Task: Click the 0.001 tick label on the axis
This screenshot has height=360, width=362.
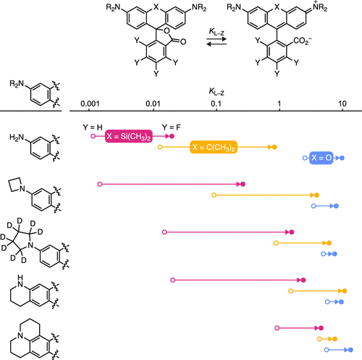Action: click(90, 104)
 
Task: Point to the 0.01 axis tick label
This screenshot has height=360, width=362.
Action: click(153, 104)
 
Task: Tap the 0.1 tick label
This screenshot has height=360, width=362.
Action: click(216, 104)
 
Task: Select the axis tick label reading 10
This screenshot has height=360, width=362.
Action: click(342, 104)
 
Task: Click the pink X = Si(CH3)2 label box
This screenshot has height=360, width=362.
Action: click(129, 136)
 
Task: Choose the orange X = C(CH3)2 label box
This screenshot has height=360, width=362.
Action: click(214, 147)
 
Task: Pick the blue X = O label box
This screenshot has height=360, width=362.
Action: click(321, 158)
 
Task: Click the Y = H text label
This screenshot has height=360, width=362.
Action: click(93, 127)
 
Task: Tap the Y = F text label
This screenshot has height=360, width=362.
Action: click(172, 127)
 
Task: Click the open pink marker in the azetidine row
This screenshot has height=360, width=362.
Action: click(100, 184)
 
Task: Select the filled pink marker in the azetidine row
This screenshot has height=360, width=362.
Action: click(243, 184)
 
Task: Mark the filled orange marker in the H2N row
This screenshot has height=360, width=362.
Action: click(274, 147)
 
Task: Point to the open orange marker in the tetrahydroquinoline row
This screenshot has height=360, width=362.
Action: click(291, 291)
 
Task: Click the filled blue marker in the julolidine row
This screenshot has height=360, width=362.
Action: click(350, 350)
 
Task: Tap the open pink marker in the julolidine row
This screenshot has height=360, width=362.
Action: click(277, 328)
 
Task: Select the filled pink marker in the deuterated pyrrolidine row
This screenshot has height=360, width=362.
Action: click(292, 233)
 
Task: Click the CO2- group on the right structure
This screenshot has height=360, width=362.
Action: click(303, 41)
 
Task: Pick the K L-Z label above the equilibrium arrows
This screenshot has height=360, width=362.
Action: click(216, 32)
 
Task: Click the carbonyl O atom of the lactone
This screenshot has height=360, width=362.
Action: click(183, 42)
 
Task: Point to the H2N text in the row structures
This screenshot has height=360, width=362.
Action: click(17, 138)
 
